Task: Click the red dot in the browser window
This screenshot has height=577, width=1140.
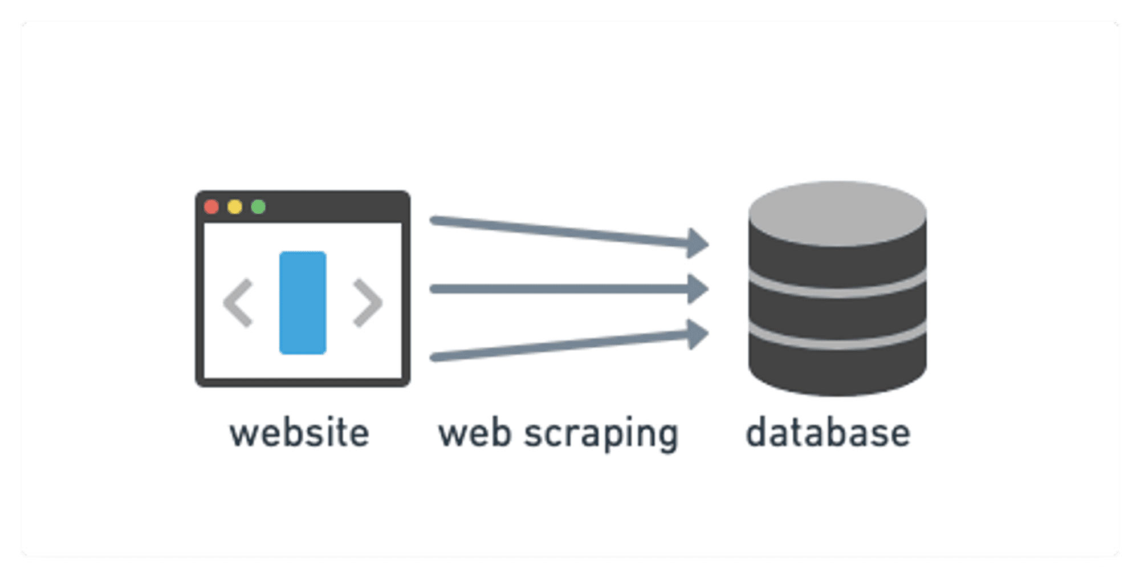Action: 211,206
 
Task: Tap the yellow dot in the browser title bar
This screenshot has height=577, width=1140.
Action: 235,206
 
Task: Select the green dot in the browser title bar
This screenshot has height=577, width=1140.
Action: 258,206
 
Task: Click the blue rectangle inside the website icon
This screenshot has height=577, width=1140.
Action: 303,303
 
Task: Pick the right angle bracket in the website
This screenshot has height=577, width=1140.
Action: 368,303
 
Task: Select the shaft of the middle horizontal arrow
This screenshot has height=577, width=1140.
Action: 559,289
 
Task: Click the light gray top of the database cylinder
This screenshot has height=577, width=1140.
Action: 837,213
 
